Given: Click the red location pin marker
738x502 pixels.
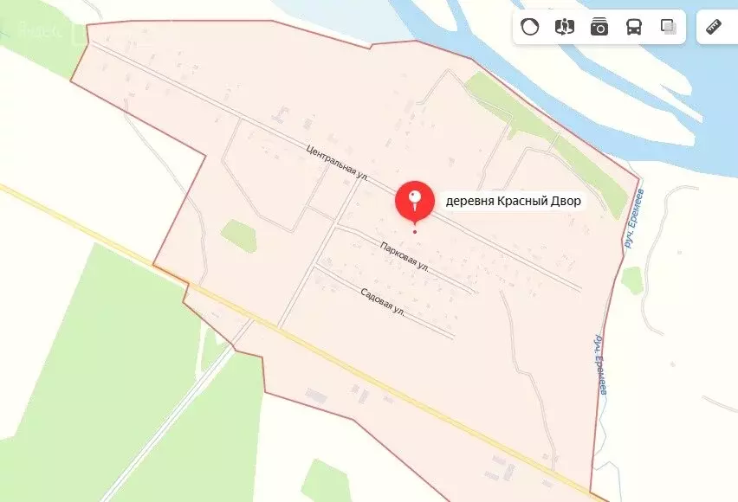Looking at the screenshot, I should (x=415, y=201).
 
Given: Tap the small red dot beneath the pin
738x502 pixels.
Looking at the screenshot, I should (x=415, y=231).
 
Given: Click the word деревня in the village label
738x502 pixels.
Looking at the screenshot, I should (x=470, y=202).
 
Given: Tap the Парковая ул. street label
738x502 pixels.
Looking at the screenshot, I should (x=405, y=256).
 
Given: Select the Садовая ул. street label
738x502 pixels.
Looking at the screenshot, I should (x=382, y=299).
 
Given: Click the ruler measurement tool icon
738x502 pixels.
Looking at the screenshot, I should (x=715, y=27).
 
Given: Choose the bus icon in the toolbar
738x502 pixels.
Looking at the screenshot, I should (x=634, y=27).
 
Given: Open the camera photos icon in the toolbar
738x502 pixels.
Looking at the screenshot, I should (x=599, y=27).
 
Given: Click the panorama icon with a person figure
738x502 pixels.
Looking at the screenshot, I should (x=565, y=27).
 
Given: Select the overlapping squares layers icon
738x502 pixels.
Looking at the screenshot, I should (x=669, y=27).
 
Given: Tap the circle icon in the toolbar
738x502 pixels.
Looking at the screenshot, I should (x=530, y=27).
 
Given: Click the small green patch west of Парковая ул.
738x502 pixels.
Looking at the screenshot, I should (x=238, y=235).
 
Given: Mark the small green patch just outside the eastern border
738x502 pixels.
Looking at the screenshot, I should (x=632, y=280).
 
